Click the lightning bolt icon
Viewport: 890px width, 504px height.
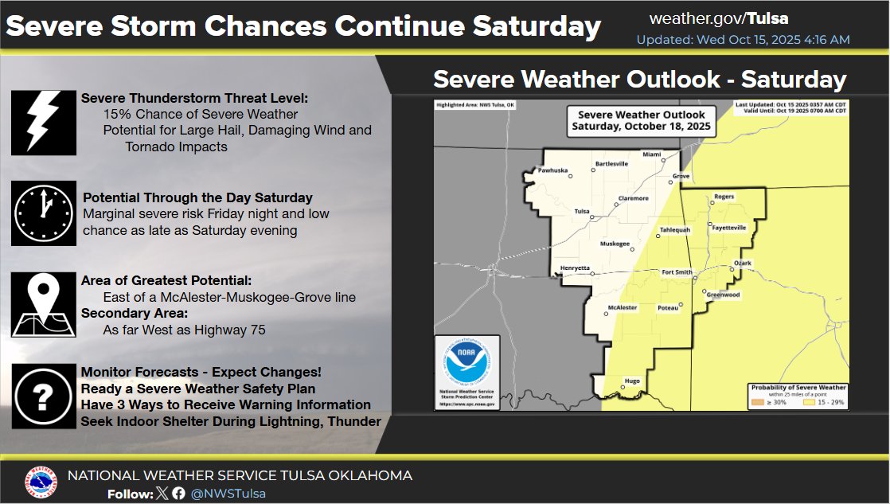44,122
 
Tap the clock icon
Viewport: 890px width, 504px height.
44,213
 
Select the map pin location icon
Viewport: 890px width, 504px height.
44,303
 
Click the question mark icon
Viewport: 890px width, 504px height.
44,395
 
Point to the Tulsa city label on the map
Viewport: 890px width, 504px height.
582,211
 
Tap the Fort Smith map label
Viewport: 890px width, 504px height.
678,272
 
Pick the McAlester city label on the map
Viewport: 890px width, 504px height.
623,307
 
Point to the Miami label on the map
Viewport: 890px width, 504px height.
652,154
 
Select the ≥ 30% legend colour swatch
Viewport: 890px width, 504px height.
756,403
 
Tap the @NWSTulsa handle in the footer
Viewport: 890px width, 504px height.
228,494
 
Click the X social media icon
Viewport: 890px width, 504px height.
163,494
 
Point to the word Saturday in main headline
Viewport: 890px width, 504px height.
537,26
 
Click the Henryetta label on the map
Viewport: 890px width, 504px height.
575,268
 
